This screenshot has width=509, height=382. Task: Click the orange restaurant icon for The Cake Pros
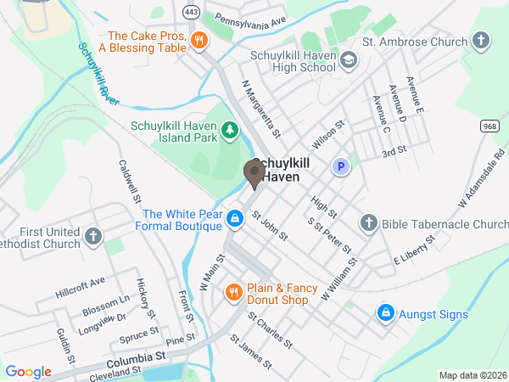199,40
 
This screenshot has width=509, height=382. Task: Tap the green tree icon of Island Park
229,130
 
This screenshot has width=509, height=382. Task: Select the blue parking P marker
341,167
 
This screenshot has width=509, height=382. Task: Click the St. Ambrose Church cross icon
481,41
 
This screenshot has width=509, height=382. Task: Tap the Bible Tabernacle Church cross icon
368,223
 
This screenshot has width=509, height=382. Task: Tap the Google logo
28,371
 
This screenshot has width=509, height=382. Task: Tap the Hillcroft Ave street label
80,283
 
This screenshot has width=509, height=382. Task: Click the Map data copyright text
471,375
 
